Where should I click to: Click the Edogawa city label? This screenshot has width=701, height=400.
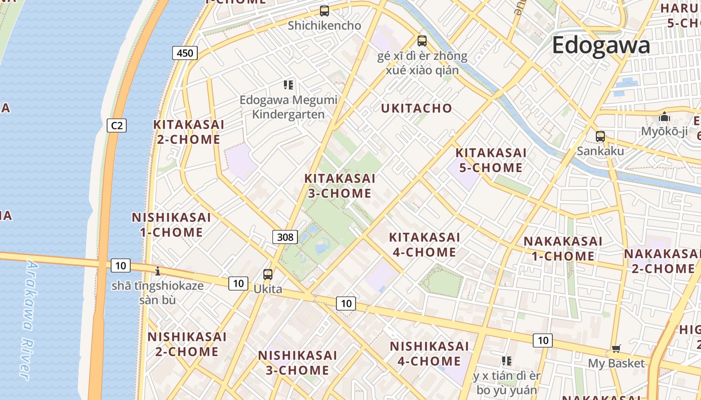coord(601,45)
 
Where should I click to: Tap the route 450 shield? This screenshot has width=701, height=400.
coord(185,52)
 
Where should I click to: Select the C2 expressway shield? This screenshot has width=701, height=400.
coord(117,125)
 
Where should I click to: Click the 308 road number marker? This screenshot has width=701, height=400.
coord(285,236)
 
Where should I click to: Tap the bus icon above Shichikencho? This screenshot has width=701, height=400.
coord(324,10)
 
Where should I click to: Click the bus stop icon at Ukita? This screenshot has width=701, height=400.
coord(268,274)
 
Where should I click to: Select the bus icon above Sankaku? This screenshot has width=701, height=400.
coord(600,136)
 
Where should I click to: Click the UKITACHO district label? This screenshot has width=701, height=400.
coord(416,108)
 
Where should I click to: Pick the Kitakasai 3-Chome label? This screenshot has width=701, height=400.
coord(339,185)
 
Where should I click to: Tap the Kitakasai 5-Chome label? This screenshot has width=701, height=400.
coord(491,160)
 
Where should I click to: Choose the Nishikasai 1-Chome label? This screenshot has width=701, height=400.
coord(171,224)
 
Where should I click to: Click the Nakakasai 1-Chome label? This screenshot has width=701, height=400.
coord(563,248)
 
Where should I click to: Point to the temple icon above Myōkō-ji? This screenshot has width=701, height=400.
coord(664,116)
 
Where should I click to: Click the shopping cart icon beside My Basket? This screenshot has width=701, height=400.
coord(616,348)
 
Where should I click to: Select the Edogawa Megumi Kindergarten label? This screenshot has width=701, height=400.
coord(288,107)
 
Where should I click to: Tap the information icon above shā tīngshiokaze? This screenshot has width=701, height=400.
coord(158,271)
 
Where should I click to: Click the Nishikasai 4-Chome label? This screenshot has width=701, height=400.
coord(429,353)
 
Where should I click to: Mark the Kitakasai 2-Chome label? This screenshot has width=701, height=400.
coord(189,131)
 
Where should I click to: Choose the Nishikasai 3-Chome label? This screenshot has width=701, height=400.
coord(297,362)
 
